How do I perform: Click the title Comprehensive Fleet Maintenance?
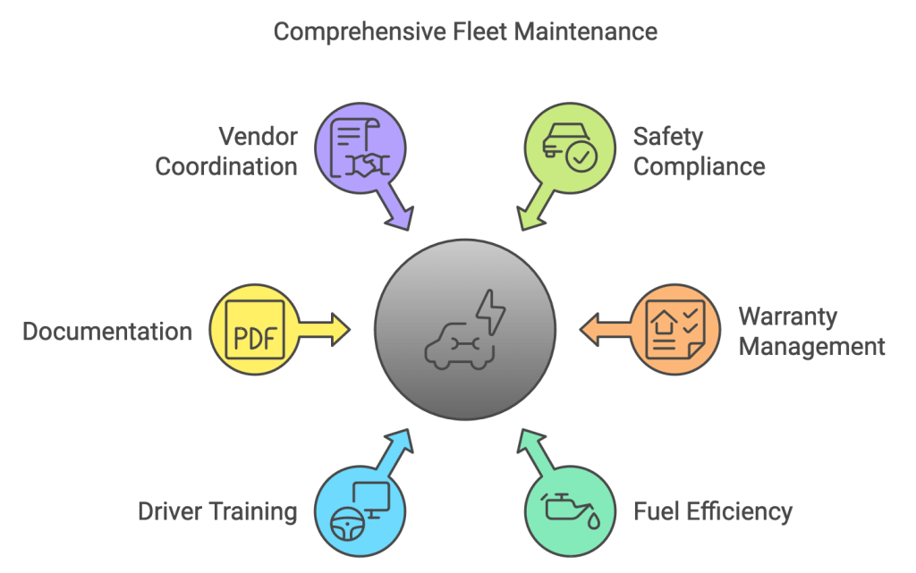pyautogui.click(x=465, y=32)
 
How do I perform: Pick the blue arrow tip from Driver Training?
pyautogui.click(x=402, y=439)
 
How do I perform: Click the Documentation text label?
pyautogui.click(x=107, y=332)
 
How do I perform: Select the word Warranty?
pyautogui.click(x=787, y=316)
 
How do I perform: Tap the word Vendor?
pyautogui.click(x=259, y=137)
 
